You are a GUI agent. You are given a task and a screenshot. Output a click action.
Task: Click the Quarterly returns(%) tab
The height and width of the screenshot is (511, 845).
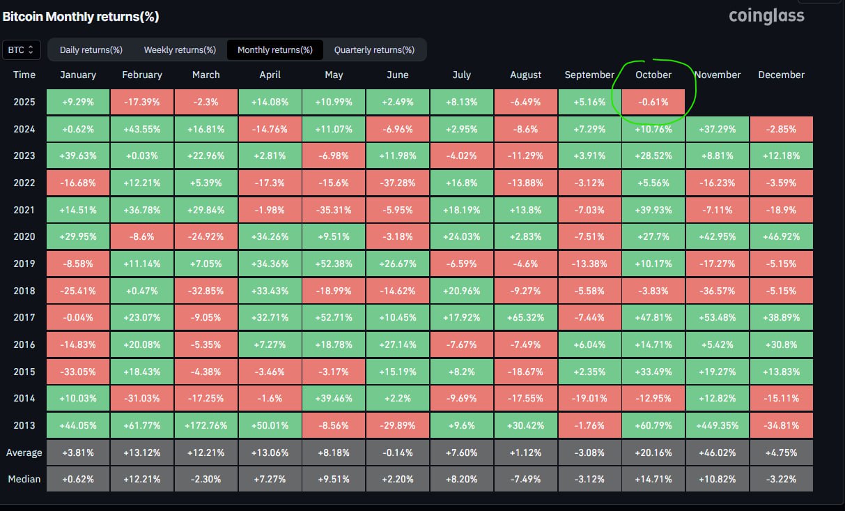(374, 50)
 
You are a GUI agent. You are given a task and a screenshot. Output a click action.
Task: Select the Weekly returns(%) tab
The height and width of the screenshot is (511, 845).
(180, 50)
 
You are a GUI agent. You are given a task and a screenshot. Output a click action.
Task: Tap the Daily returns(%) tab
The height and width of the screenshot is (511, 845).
(91, 50)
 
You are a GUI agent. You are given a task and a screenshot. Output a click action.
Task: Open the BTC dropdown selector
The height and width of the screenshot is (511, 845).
(22, 50)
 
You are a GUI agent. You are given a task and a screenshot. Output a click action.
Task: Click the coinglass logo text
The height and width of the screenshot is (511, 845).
(766, 15)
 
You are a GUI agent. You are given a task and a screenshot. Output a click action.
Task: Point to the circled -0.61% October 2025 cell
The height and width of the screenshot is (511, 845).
(653, 102)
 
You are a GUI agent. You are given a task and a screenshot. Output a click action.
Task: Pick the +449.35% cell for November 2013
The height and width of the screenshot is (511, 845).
(718, 425)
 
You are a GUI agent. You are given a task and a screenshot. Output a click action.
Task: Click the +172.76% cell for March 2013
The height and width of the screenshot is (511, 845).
(206, 425)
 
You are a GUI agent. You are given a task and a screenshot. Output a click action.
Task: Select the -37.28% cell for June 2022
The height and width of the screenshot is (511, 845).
(398, 183)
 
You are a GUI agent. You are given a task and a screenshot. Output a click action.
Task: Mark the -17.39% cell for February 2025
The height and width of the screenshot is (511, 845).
(141, 102)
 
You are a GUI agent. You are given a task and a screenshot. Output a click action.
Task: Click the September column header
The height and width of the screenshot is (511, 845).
(589, 75)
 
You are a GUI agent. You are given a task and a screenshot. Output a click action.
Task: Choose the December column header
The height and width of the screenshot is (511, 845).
(781, 75)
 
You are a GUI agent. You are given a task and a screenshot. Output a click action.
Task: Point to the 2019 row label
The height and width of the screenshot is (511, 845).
(24, 264)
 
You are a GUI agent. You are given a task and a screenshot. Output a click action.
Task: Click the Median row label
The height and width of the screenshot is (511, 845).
(24, 479)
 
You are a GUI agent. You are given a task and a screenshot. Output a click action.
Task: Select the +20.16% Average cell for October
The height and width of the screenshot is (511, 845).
(653, 452)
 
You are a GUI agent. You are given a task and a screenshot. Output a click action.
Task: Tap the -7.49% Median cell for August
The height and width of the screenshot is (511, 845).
(526, 479)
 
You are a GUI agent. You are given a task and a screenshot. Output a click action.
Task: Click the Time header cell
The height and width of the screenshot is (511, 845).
(24, 75)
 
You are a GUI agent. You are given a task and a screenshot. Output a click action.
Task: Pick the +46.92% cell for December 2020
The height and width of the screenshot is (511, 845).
(781, 236)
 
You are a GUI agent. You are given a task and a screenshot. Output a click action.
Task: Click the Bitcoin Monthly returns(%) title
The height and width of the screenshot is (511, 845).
(80, 16)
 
